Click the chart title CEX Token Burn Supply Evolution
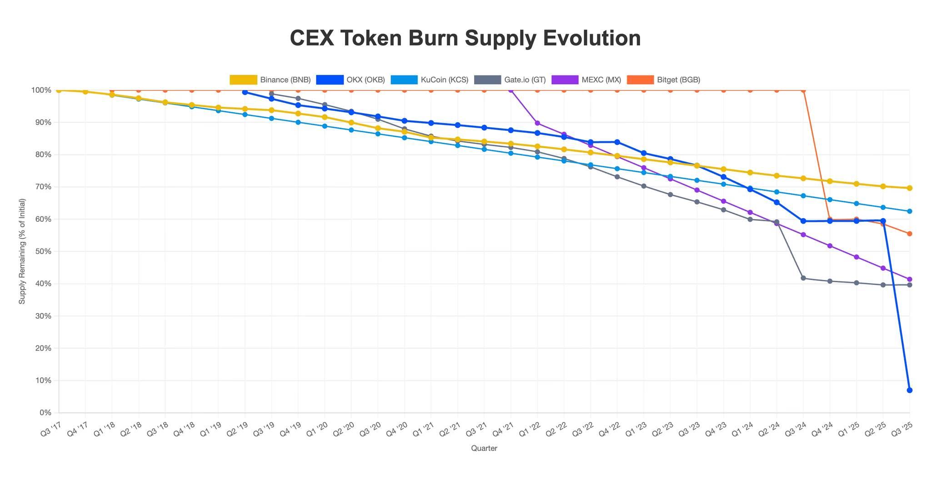pos(465,38)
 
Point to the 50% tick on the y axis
pos(45,251)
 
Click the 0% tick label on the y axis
pos(45,413)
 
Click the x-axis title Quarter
pos(484,449)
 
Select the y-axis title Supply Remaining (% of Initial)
pos(22,251)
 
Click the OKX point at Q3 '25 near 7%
pos(909,390)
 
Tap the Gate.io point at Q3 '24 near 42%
pos(803,278)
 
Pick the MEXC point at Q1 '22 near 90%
pos(537,123)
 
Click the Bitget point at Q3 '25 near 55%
pos(909,234)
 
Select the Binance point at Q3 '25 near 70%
pos(909,188)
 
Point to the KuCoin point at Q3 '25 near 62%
pos(909,211)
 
